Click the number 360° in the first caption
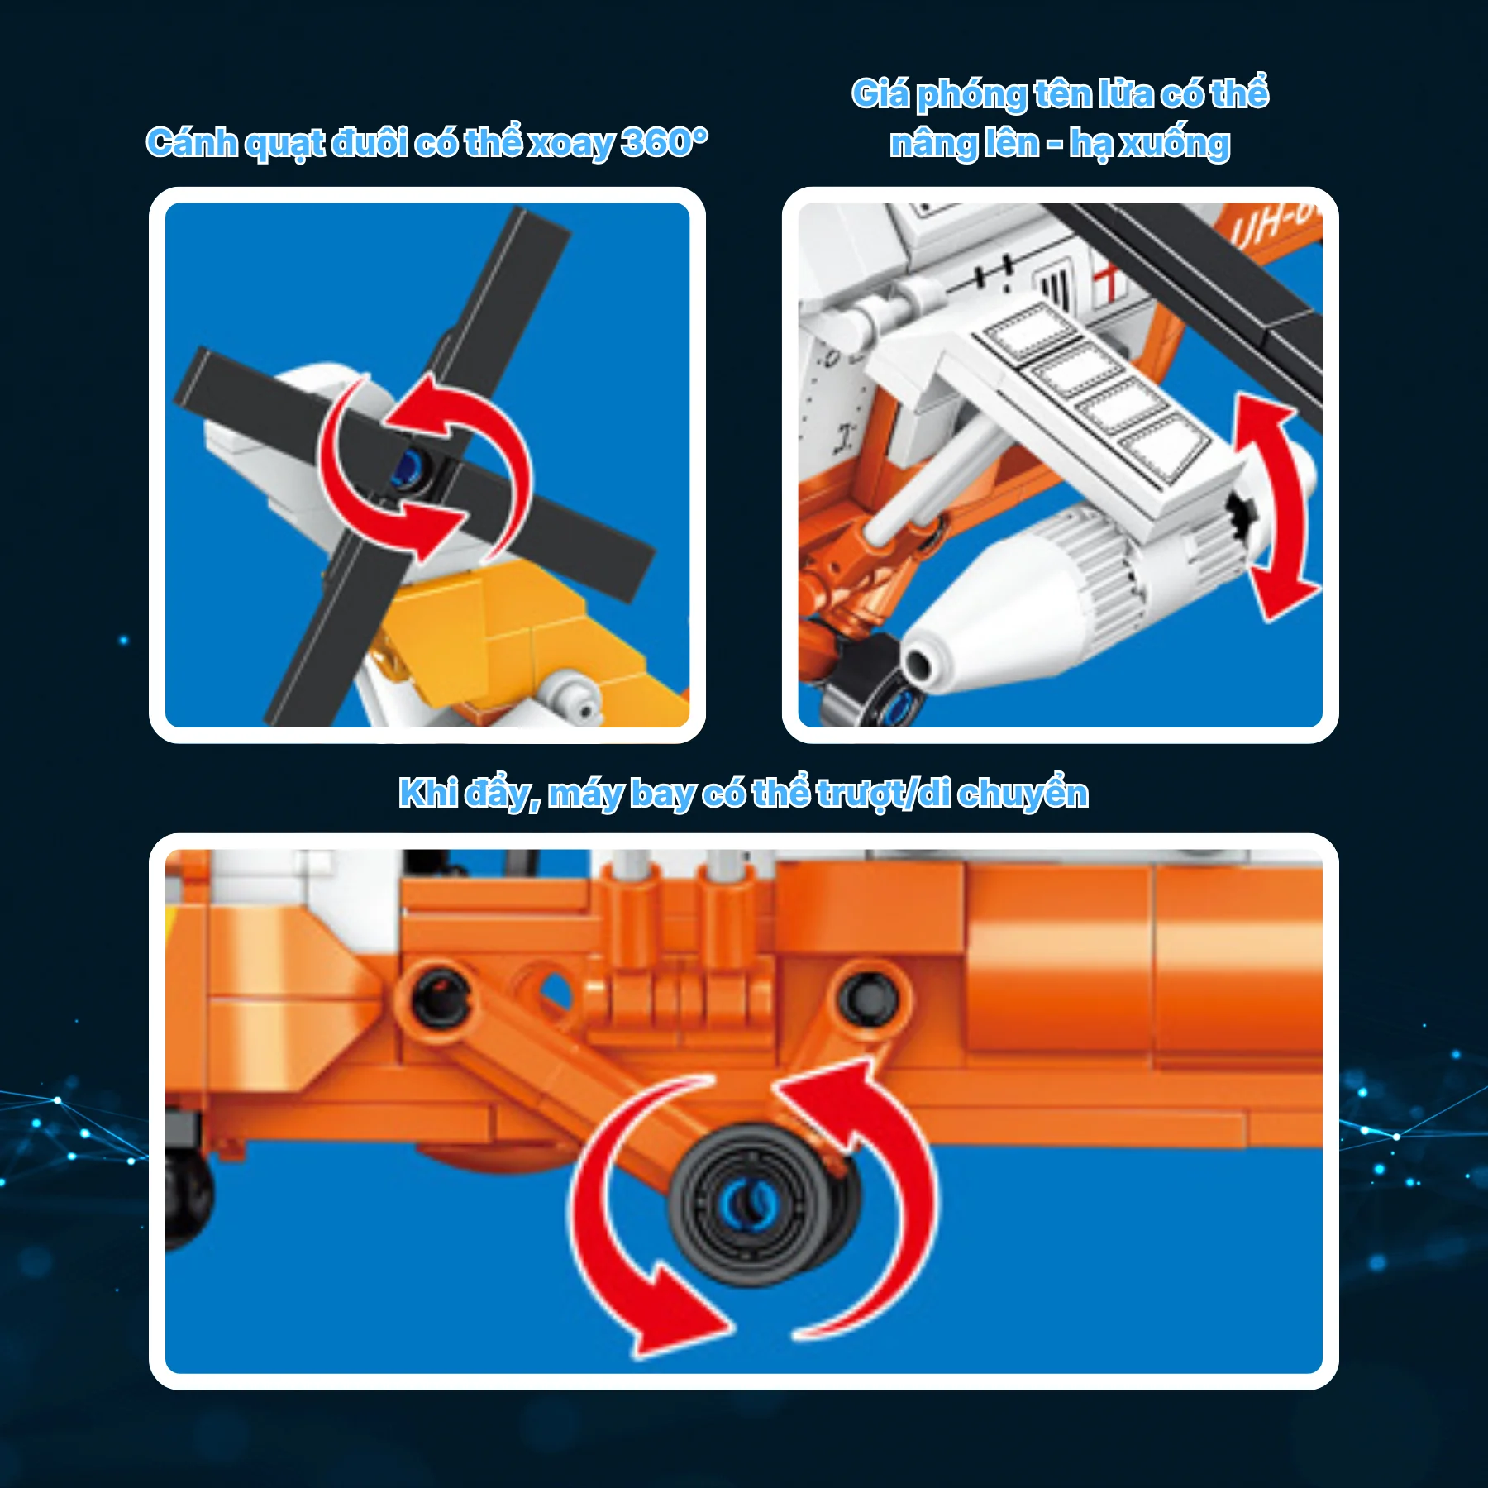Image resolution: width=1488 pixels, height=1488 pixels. point(665,142)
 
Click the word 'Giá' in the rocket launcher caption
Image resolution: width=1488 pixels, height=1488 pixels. point(880,93)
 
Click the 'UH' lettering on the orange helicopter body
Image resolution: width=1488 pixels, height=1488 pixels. point(1257,227)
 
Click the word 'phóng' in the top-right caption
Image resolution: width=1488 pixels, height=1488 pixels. point(971,95)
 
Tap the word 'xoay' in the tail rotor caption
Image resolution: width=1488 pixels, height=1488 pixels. point(571,144)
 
